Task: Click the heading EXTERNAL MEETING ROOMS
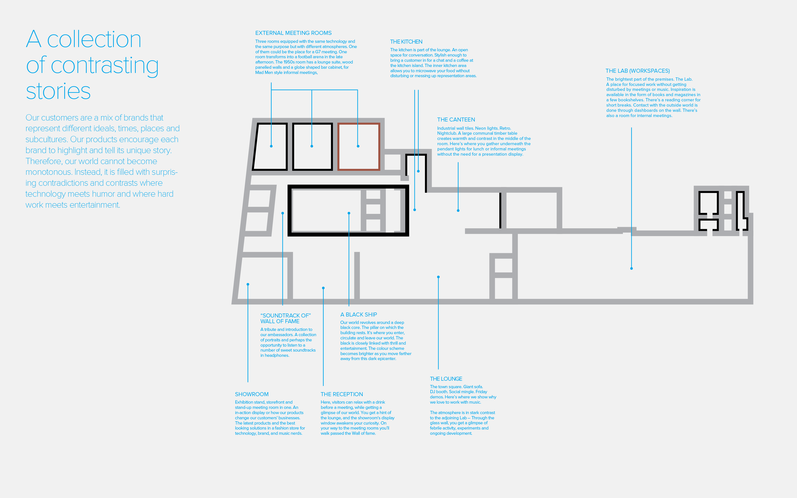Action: (x=293, y=33)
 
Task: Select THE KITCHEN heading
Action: (x=406, y=42)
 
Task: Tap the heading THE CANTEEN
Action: (x=456, y=120)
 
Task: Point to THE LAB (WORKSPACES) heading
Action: (x=638, y=71)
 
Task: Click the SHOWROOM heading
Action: (x=252, y=394)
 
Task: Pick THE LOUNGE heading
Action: (x=446, y=379)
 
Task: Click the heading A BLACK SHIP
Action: (x=359, y=314)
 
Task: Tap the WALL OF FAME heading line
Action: (x=280, y=321)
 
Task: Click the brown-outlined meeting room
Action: (x=338, y=147)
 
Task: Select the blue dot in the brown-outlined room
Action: (x=358, y=146)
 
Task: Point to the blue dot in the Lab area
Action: (x=631, y=268)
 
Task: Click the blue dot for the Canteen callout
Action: (x=458, y=210)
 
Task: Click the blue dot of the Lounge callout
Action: (x=438, y=277)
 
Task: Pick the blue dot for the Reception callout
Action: (x=324, y=288)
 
